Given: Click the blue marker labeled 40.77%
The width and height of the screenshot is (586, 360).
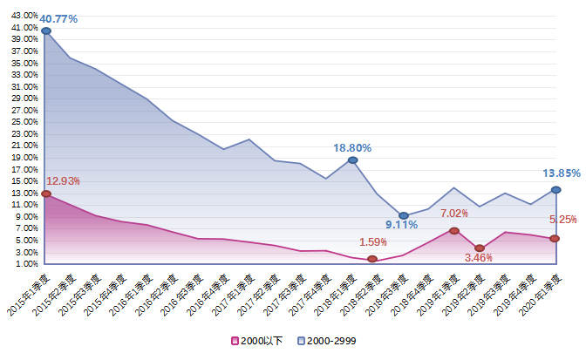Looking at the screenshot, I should (x=46, y=31).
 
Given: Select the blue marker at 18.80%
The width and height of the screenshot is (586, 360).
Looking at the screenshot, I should (x=352, y=160).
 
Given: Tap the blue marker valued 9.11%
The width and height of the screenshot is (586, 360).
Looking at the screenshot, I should (x=403, y=215).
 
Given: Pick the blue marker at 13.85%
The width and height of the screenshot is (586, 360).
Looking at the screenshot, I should (x=555, y=190).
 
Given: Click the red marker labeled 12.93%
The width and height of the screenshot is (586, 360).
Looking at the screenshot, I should (x=46, y=194).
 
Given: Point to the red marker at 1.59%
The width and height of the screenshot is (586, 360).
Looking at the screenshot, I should (x=372, y=259).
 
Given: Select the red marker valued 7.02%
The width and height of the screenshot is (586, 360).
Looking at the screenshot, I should (x=454, y=231).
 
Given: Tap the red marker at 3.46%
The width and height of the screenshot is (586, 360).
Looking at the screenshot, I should (x=480, y=248).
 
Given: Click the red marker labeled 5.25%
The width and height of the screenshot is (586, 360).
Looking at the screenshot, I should (x=555, y=239).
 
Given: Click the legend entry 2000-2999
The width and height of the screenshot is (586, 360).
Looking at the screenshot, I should (x=326, y=340).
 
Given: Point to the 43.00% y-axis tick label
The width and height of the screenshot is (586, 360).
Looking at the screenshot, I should (x=24, y=16).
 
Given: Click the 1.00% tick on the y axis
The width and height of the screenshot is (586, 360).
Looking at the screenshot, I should (x=26, y=263).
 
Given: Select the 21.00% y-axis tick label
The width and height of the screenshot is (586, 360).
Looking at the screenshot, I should (x=24, y=146).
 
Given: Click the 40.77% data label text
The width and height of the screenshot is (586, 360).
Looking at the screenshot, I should (x=59, y=17).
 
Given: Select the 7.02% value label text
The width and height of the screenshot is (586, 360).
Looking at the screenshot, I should (x=454, y=214).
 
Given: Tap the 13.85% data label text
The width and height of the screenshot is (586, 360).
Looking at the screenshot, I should (x=562, y=173).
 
